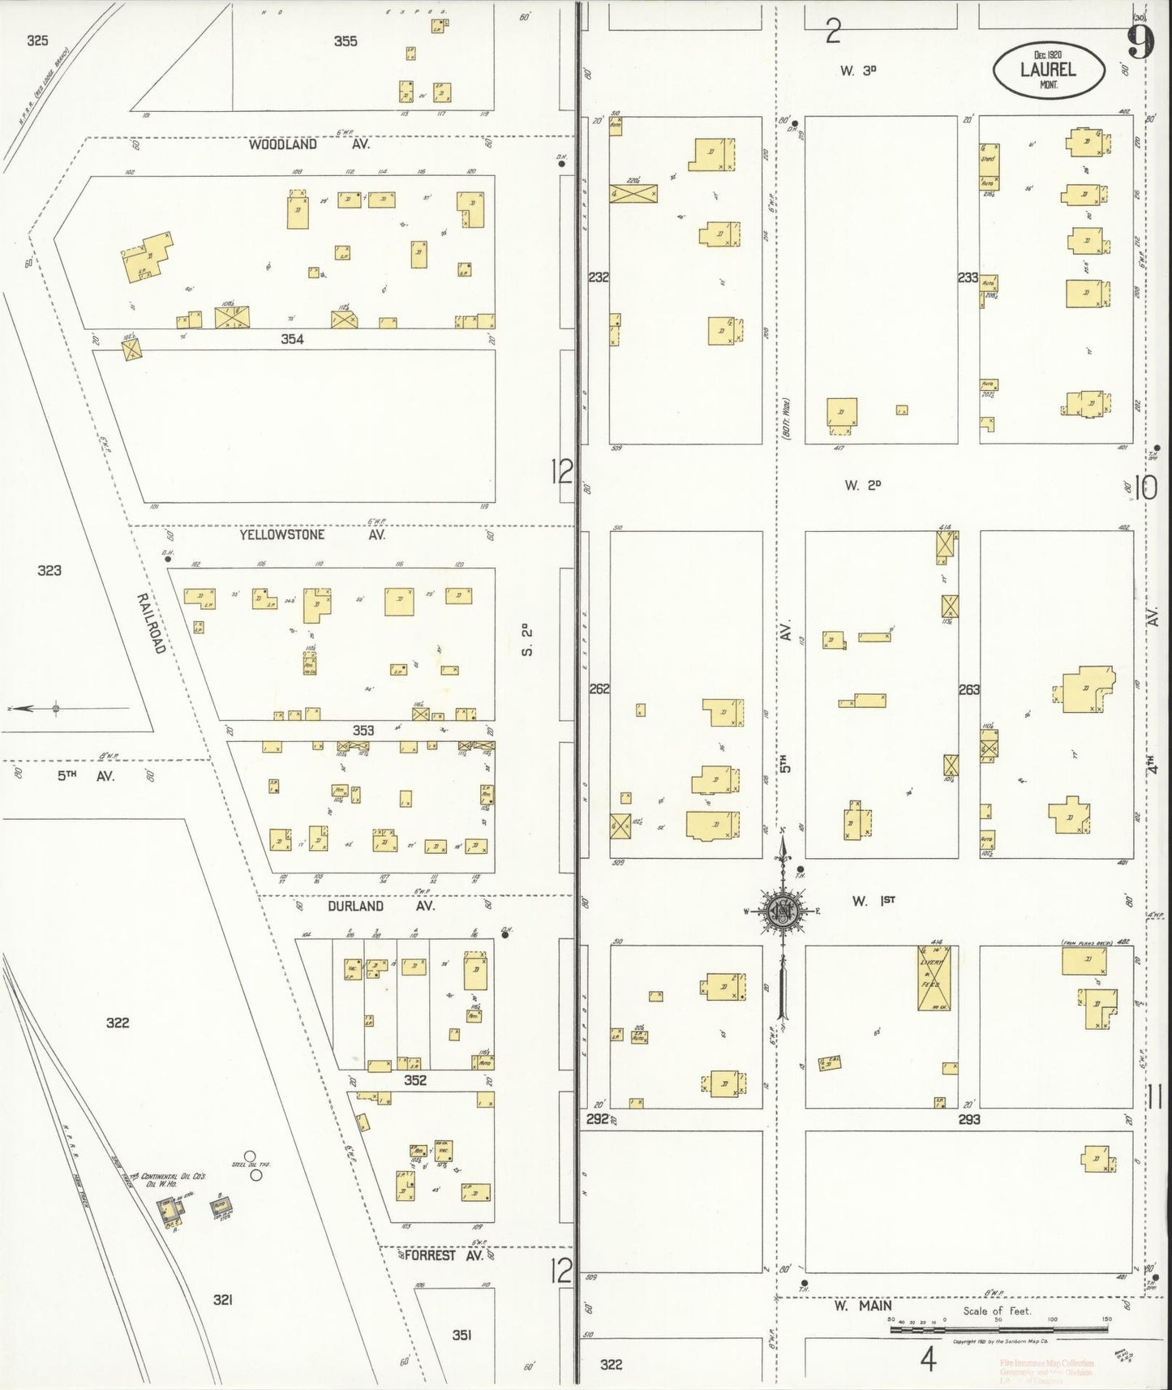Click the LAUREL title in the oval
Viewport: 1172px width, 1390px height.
click(x=1048, y=70)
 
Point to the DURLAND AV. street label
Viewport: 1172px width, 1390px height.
click(x=381, y=906)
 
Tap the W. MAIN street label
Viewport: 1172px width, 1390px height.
click(x=863, y=1305)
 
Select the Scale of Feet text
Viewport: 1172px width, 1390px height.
click(x=997, y=1310)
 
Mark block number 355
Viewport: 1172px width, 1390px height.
click(x=346, y=41)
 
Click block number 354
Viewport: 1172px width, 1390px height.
click(x=292, y=339)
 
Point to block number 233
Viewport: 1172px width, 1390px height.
click(x=968, y=277)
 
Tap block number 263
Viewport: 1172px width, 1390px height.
click(x=968, y=689)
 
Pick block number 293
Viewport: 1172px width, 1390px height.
click(x=968, y=1119)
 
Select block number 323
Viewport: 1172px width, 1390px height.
click(x=49, y=570)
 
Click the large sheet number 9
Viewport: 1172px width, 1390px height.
click(x=1140, y=42)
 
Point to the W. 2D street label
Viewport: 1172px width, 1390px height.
click(x=862, y=485)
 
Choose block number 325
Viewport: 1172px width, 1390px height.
click(x=37, y=40)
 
